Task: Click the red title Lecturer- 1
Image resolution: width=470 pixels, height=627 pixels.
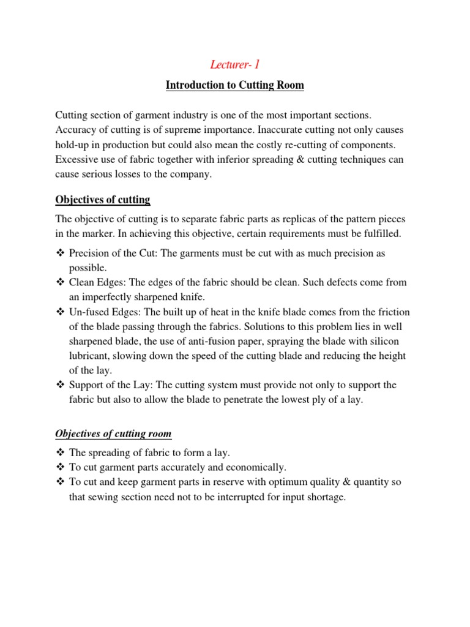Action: [x=234, y=64]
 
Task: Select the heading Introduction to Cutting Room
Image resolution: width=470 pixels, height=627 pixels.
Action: [x=234, y=85]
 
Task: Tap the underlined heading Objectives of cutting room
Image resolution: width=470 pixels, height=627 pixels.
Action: [x=113, y=434]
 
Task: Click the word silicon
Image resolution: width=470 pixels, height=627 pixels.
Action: [x=390, y=341]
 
